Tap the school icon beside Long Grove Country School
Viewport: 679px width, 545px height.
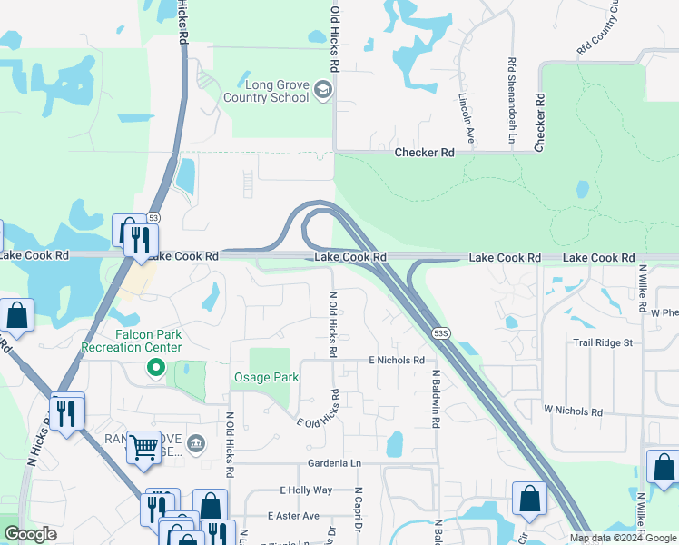pos(324,89)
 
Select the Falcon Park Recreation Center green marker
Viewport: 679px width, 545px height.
pos(156,369)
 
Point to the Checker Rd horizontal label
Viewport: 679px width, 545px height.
pos(424,153)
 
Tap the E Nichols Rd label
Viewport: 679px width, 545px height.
pos(397,361)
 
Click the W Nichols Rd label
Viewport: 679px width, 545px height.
pos(573,411)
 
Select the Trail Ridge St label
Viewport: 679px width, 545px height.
pos(607,343)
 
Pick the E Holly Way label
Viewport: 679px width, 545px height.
pos(307,490)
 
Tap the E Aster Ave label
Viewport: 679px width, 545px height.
pos(293,516)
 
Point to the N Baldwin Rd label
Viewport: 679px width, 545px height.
pos(436,394)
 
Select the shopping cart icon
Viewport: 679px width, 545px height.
pos(143,446)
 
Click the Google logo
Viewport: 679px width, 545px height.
pos(30,535)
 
